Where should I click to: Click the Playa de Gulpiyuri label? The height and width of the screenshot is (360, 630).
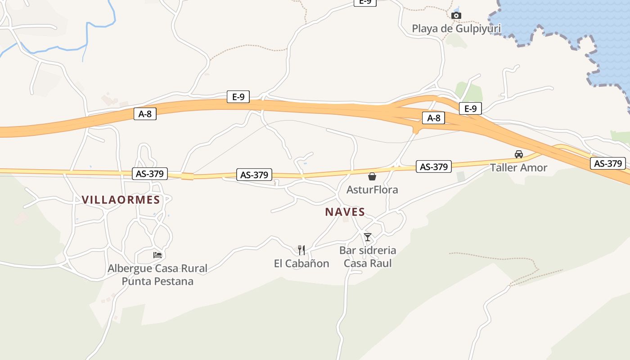click(456, 29)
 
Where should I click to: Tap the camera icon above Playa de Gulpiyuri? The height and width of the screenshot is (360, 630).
click(456, 16)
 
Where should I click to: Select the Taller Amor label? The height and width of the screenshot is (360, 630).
click(518, 168)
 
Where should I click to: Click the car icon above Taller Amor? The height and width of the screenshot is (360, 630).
click(519, 154)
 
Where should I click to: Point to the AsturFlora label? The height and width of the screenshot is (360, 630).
click(372, 190)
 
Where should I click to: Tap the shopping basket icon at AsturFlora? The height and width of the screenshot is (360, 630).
click(372, 176)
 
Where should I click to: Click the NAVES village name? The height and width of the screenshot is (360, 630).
click(345, 212)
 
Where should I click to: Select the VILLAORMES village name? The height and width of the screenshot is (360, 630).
click(121, 200)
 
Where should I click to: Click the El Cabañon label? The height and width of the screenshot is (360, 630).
click(301, 264)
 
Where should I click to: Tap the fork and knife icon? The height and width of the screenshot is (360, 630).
click(301, 250)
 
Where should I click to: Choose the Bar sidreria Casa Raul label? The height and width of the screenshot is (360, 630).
click(368, 256)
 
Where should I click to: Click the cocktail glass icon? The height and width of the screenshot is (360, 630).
click(368, 237)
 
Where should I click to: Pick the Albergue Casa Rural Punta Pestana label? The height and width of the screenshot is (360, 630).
click(157, 275)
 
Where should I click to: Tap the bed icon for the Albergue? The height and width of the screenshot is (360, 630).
click(157, 255)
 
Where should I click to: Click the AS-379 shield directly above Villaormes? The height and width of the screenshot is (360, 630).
click(150, 174)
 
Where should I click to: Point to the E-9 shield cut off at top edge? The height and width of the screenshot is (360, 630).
click(365, 2)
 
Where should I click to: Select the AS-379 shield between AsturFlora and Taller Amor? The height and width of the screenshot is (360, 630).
click(433, 167)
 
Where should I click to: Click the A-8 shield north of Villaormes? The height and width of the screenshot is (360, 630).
click(145, 114)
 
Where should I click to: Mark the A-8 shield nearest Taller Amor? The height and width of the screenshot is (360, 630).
click(433, 118)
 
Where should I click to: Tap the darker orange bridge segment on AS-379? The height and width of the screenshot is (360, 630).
click(187, 176)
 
